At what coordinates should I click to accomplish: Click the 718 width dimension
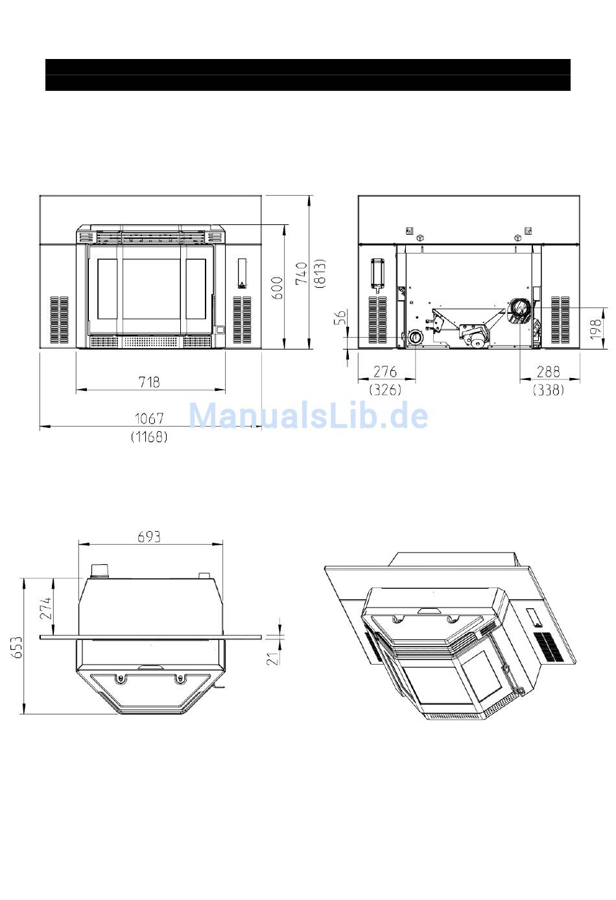(x=149, y=382)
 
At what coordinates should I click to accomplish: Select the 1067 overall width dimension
(x=149, y=419)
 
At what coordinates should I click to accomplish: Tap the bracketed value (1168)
(x=149, y=437)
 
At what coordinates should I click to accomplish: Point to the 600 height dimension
(x=278, y=288)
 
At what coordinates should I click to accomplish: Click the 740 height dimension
(x=302, y=274)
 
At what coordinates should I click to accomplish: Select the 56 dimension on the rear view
(x=340, y=317)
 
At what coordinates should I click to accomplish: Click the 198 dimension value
(x=596, y=329)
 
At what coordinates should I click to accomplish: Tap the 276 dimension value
(x=385, y=372)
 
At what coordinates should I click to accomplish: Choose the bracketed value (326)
(x=385, y=389)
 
